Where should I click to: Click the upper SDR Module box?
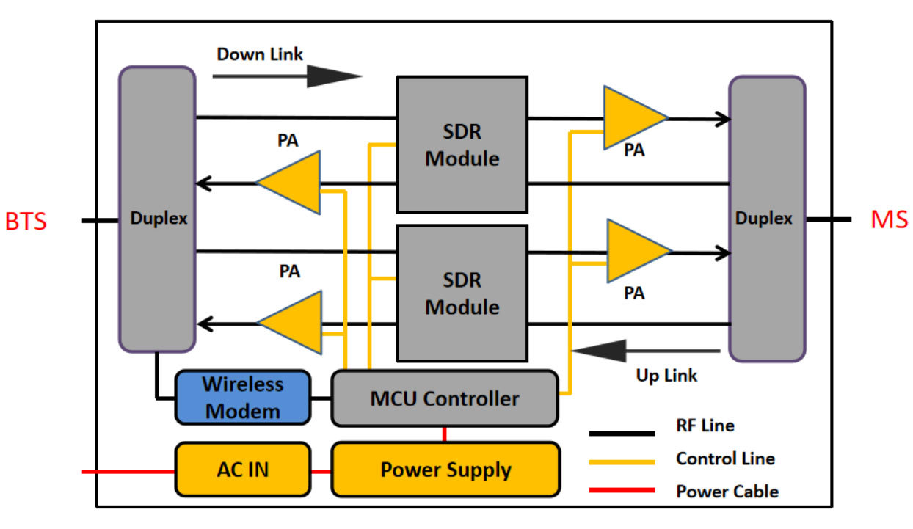coord(462,145)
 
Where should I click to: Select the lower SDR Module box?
coord(462,293)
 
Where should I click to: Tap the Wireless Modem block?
coord(243,398)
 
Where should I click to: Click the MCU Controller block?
coord(445,398)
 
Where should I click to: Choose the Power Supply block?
coord(445,470)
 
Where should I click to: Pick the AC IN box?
coord(243,470)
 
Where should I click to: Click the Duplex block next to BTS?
coord(157,209)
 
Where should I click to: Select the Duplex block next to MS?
coord(767,219)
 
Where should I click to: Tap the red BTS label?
coord(26,222)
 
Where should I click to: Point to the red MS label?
coord(890,219)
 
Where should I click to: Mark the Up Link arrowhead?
coord(599,351)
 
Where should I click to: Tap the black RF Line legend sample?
coord(622,434)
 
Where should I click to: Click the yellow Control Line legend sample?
coord(622,462)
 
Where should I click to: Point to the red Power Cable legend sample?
coord(622,490)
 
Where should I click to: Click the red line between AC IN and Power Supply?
coord(321,472)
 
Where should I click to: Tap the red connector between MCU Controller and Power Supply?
coord(444,434)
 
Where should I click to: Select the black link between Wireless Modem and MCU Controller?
coord(321,398)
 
